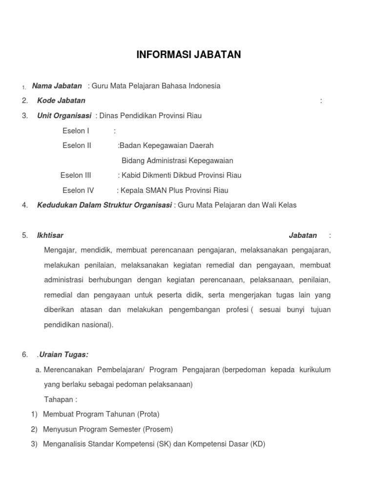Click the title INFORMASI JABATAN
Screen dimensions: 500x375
[188, 55]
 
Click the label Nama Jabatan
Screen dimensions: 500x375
[57, 86]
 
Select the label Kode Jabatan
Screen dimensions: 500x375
[61, 101]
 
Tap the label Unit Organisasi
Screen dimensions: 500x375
[64, 116]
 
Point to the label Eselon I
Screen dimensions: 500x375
[76, 131]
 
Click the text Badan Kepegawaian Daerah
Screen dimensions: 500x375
[167, 146]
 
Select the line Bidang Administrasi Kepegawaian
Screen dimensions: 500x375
[177, 161]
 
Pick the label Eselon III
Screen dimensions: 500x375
[76, 175]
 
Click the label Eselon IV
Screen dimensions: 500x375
[78, 190]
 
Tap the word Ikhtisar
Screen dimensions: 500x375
[50, 235]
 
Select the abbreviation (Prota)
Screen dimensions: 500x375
[148, 415]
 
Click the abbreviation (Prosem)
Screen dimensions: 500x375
[158, 430]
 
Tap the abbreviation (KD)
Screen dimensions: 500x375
[257, 445]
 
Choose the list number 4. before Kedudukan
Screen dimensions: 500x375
[25, 206]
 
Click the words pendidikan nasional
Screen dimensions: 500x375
[78, 325]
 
